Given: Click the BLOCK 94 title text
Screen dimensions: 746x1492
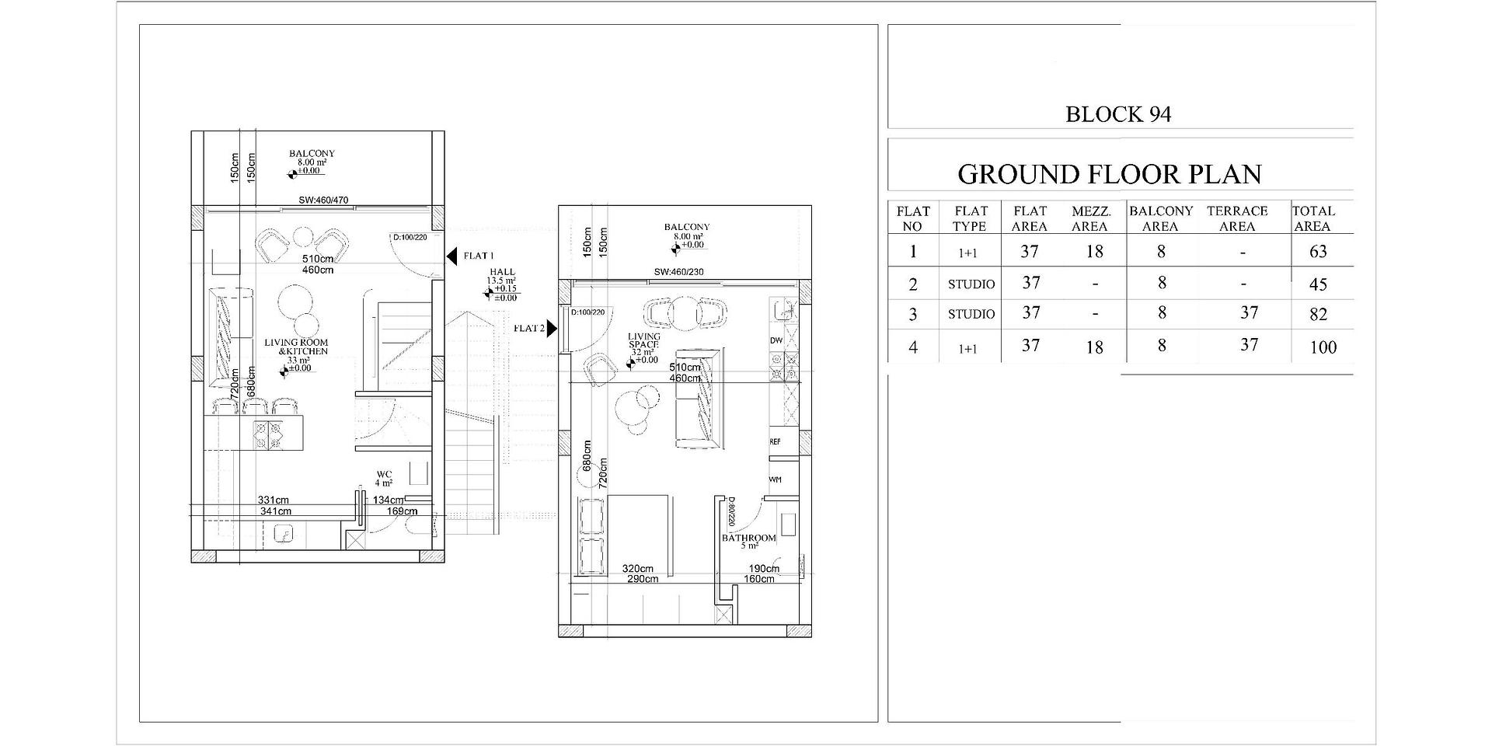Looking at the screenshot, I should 1117,114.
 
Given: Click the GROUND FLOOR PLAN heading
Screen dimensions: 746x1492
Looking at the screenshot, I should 1109,174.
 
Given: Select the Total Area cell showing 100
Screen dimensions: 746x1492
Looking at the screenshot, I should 1323,347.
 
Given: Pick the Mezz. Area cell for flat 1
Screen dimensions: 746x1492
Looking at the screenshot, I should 1094,251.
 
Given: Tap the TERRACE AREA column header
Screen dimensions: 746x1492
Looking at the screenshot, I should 1237,218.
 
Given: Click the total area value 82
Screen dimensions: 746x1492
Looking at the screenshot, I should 1318,314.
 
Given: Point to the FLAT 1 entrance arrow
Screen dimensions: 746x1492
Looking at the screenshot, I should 451,256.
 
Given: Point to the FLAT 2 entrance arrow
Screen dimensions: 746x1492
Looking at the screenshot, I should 552,328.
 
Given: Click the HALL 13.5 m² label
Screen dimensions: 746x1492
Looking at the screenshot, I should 502,277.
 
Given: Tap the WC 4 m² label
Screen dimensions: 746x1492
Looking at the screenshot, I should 385,478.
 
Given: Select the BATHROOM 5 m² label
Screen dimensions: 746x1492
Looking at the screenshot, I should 749,541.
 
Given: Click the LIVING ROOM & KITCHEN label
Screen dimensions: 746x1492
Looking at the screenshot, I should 296,347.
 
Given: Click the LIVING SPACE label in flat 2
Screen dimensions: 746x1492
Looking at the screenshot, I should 643,340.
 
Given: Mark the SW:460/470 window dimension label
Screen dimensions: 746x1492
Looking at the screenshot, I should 323,200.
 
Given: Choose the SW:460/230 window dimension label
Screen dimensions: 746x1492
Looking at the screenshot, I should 678,272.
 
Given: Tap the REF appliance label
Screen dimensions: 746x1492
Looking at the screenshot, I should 775,441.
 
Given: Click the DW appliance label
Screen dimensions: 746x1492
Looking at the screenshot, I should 776,340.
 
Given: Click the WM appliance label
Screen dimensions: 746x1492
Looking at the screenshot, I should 775,479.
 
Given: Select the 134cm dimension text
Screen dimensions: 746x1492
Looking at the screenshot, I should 388,500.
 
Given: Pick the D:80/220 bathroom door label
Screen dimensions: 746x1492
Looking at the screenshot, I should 731,511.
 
